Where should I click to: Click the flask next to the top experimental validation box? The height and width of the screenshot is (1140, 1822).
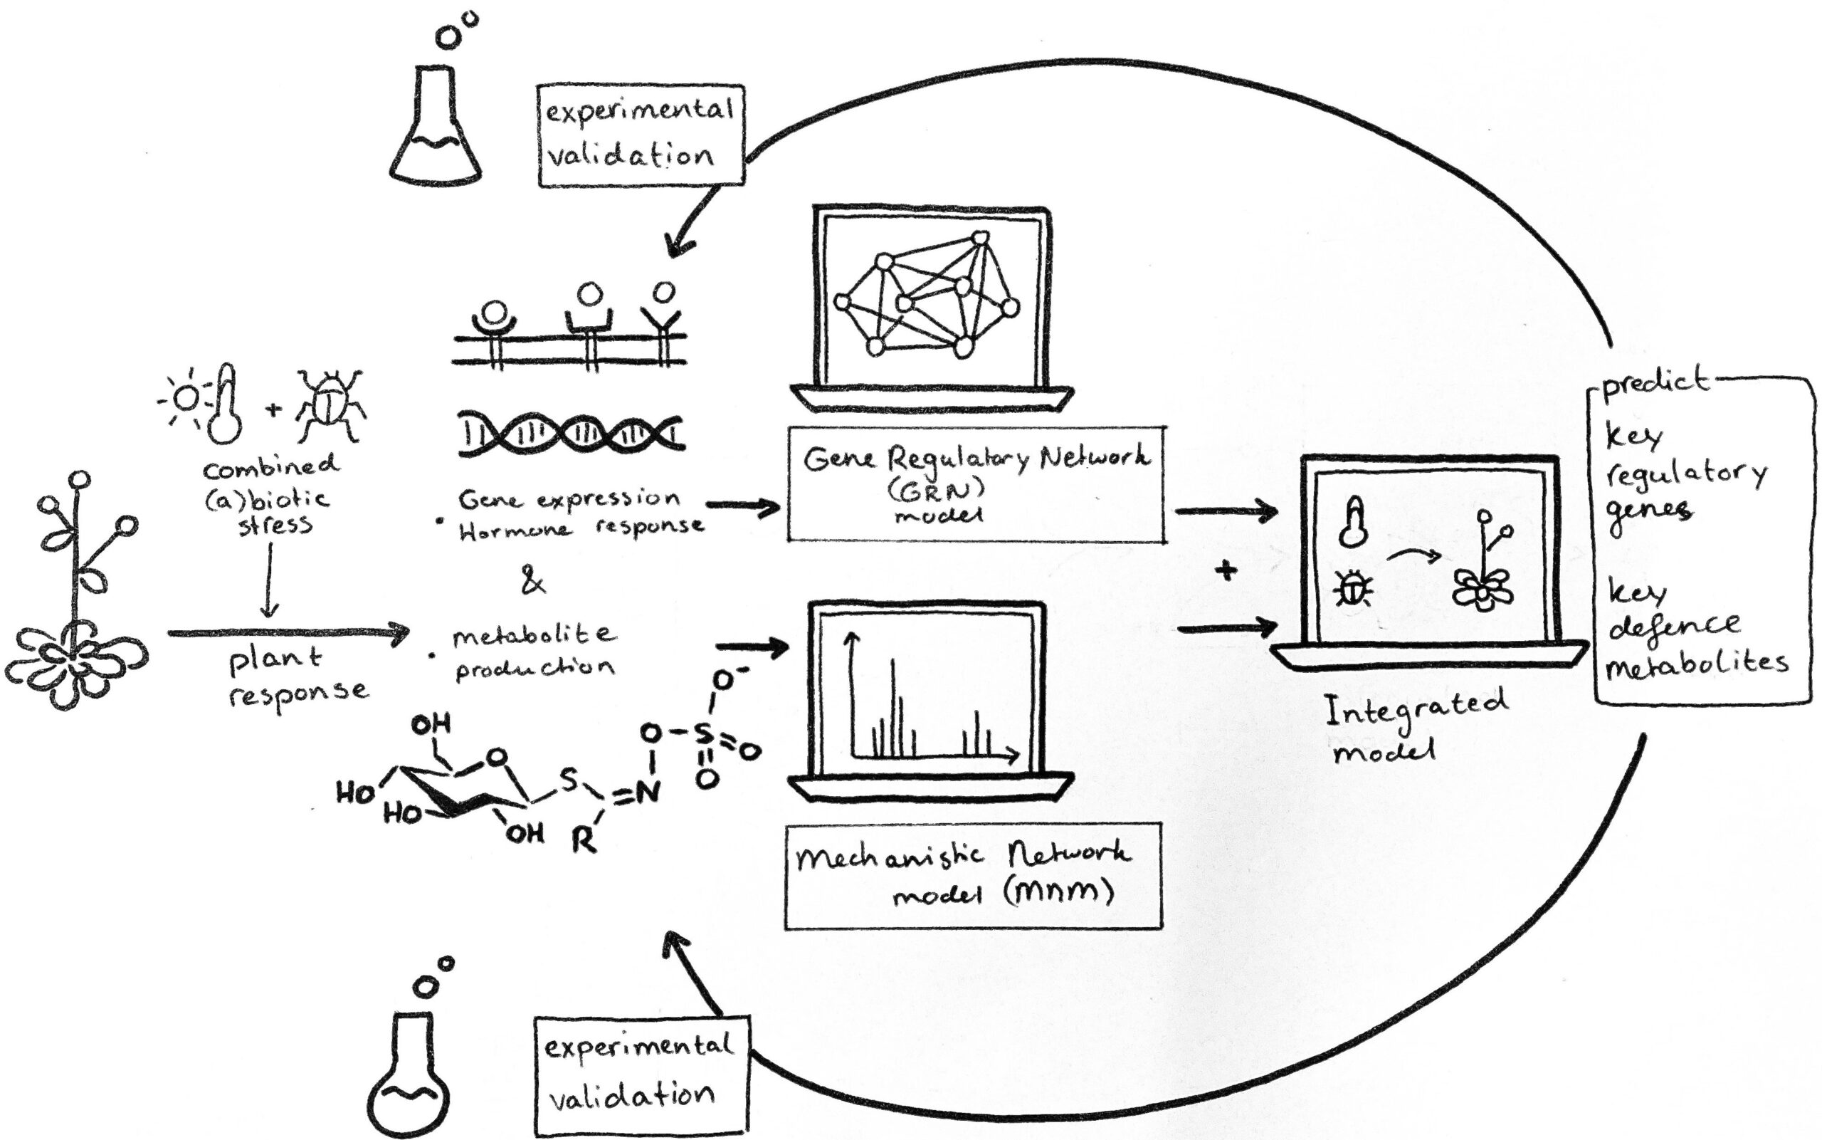(x=436, y=128)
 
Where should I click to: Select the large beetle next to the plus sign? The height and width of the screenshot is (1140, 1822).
(x=330, y=406)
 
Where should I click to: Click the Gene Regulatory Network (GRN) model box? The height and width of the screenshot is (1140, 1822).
(x=976, y=484)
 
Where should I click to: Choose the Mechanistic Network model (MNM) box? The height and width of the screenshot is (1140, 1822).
(x=973, y=876)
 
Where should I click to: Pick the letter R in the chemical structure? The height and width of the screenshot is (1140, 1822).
(x=583, y=840)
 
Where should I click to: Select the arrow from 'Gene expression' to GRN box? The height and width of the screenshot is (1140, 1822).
(x=743, y=507)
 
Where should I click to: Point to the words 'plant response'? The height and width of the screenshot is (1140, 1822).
(x=297, y=676)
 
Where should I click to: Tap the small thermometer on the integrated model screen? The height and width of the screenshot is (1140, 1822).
(x=1353, y=522)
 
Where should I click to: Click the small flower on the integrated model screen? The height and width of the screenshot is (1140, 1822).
(x=1483, y=588)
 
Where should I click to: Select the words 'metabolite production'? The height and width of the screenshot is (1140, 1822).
(x=533, y=652)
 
